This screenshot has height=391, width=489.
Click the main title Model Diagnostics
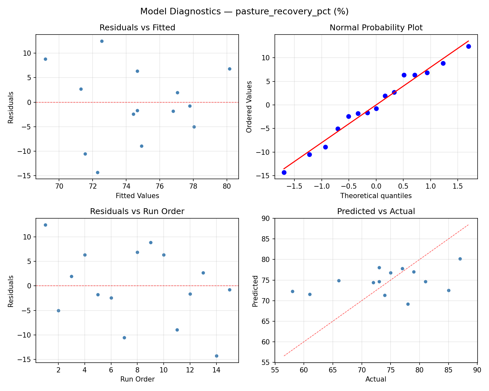[244, 12]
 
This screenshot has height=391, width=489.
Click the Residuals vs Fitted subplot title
[137, 28]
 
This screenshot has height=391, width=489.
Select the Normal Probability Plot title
[376, 28]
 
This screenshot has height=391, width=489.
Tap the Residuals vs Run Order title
[137, 211]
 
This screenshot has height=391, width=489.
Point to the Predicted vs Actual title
[376, 211]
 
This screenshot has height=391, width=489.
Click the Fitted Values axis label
[137, 196]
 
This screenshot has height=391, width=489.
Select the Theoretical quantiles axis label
[376, 196]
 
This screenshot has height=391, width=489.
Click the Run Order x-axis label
[137, 379]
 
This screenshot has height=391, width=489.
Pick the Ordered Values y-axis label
[249, 107]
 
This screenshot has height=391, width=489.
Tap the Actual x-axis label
[376, 379]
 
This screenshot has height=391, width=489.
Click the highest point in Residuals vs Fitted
[102, 41]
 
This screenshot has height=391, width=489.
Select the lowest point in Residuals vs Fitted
[97, 172]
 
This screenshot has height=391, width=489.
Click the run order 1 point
[45, 225]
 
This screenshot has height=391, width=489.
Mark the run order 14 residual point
[216, 356]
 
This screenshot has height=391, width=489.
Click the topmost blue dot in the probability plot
[468, 46]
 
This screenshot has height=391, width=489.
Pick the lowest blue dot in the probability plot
[284, 172]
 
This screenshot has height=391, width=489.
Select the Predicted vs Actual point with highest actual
[460, 259]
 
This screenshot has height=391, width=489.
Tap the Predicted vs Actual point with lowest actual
[292, 291]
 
